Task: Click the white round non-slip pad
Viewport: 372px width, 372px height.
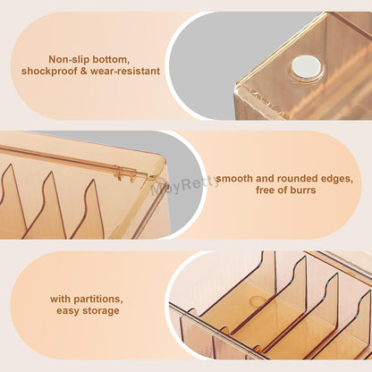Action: pos(306,64)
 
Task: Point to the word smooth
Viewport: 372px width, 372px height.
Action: pos(237,178)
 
